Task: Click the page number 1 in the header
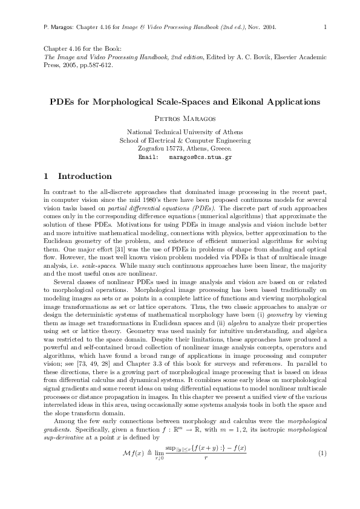326,27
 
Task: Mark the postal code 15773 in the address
171,148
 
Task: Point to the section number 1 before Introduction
47,177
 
